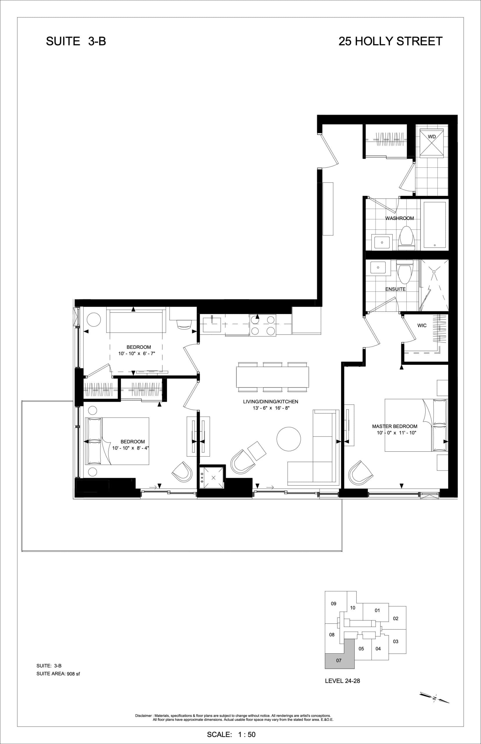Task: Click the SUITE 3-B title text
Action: click(76, 41)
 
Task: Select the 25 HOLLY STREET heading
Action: click(390, 41)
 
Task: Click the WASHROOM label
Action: click(399, 218)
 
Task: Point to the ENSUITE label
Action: click(395, 289)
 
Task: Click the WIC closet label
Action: click(422, 325)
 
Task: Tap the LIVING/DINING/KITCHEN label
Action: click(270, 402)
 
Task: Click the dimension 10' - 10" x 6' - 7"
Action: click(137, 353)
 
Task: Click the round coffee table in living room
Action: click(289, 439)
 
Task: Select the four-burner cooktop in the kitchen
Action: click(263, 325)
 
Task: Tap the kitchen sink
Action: click(212, 325)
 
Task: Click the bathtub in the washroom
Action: click(435, 225)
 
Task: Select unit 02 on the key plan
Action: click(395, 618)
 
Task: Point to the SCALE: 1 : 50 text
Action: click(231, 734)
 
